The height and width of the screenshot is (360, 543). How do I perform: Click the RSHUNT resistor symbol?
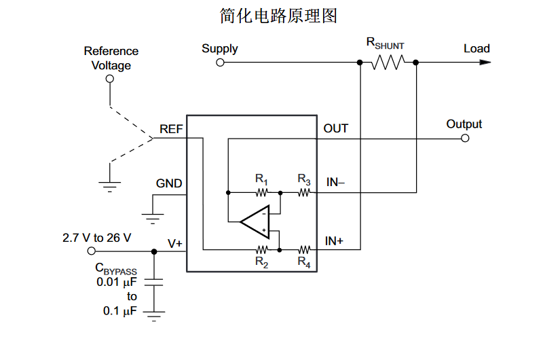pyautogui.click(x=388, y=62)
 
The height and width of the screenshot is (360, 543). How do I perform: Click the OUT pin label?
pyautogui.click(x=336, y=128)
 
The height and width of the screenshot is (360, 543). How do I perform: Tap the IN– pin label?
pyautogui.click(x=336, y=182)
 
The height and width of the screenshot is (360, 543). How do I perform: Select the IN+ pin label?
pyautogui.click(x=335, y=240)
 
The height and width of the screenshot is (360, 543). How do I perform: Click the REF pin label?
pyautogui.click(x=170, y=128)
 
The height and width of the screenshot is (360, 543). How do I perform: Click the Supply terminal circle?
pyautogui.click(x=220, y=62)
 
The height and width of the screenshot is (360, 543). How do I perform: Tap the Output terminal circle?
pyautogui.click(x=465, y=138)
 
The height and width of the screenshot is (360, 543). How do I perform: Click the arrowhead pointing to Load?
pyautogui.click(x=484, y=62)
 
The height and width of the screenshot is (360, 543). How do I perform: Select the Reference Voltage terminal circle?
pyautogui.click(x=110, y=79)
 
